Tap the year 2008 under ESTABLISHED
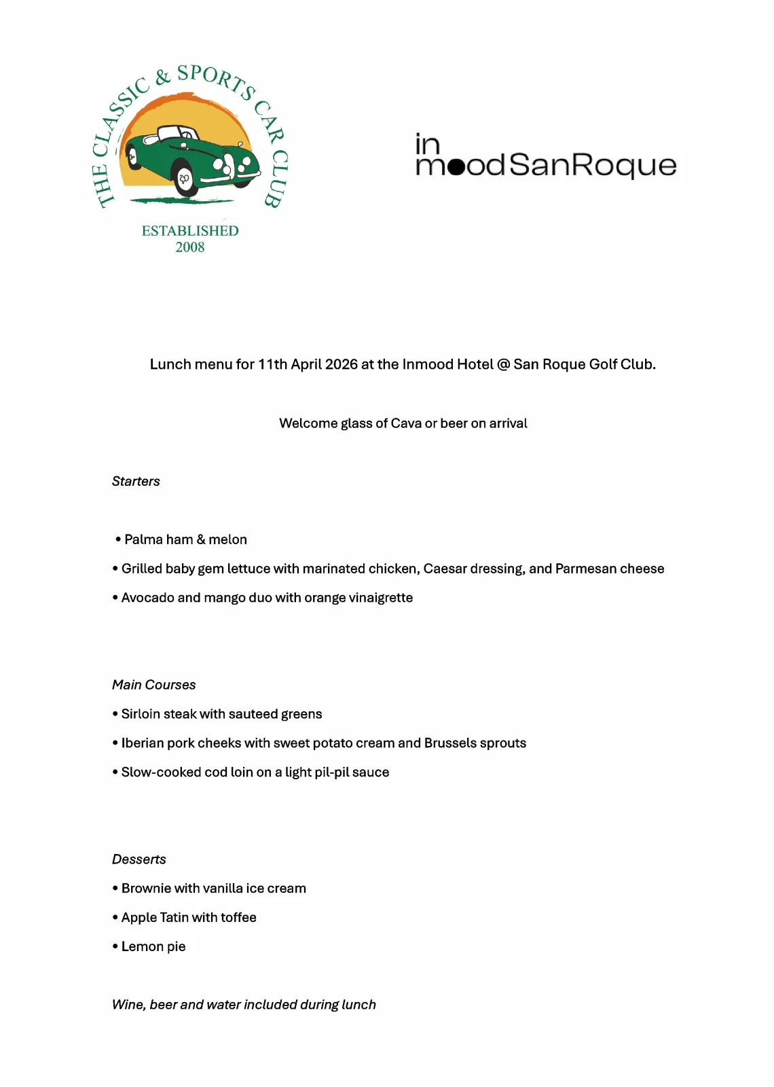coord(190,247)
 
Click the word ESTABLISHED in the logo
coord(190,231)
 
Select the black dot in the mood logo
coord(457,166)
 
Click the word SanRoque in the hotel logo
coord(592,165)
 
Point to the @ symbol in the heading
coord(503,365)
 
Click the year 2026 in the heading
coord(341,365)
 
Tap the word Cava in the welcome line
coord(406,423)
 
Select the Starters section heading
coord(136,482)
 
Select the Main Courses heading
coord(153,685)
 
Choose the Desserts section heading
coord(139,859)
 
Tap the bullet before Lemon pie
coord(115,946)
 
